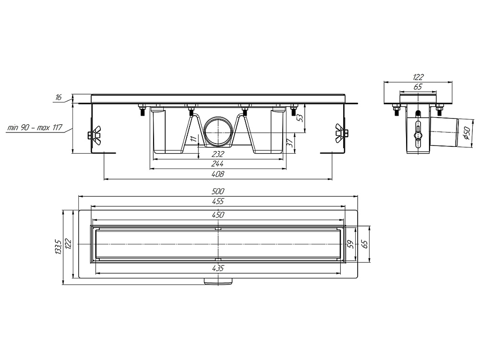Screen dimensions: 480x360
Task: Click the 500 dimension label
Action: point(218,192)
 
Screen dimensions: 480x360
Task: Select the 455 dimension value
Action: point(218,201)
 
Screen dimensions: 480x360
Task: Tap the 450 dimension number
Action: point(218,215)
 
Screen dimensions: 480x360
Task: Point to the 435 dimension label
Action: point(218,268)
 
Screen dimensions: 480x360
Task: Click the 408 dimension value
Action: point(218,174)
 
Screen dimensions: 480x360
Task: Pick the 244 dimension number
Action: point(217,164)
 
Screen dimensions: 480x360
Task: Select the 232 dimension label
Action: point(217,154)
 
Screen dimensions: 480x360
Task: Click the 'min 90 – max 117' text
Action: point(35,127)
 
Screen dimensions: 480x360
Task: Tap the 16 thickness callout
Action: point(59,97)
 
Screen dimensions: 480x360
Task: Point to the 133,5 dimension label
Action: point(59,247)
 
